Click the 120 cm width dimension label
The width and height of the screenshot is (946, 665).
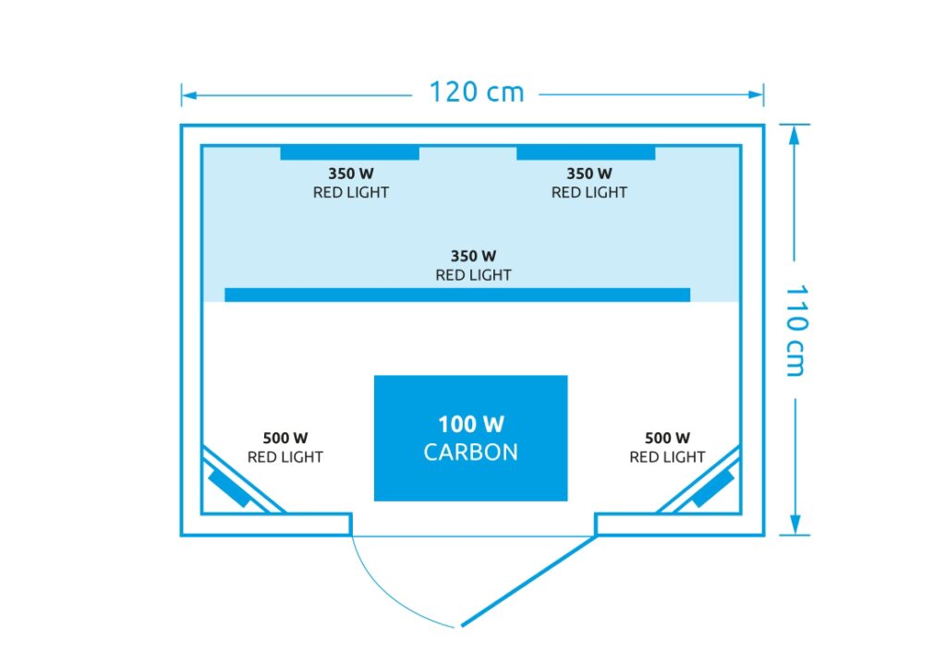click(476, 92)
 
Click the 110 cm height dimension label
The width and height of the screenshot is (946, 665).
click(794, 331)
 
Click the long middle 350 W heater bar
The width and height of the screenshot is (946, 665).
click(457, 295)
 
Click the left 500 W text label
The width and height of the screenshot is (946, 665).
click(285, 438)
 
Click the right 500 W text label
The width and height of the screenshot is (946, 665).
click(667, 438)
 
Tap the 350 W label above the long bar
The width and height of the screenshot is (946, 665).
click(473, 256)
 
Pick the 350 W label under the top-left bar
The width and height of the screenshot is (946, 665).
click(351, 173)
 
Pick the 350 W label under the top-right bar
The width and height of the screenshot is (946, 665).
click(589, 173)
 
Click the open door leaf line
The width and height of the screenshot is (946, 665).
click(527, 580)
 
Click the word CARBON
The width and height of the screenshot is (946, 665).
click(470, 453)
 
